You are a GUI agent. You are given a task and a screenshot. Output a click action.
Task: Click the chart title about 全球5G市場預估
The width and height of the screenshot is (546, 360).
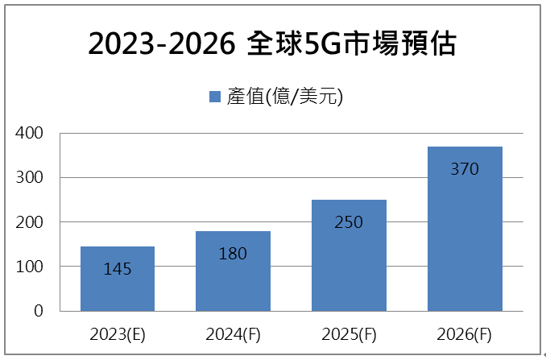(x=272, y=44)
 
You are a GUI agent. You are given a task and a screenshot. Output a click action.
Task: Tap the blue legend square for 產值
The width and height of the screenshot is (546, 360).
(x=215, y=97)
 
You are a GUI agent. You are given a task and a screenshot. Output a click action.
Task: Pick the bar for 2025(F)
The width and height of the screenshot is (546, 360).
(x=350, y=266)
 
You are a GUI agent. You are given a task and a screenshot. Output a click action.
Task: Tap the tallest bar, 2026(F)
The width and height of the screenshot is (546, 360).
(x=465, y=242)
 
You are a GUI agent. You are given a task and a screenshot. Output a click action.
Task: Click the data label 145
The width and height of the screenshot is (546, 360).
(x=118, y=268)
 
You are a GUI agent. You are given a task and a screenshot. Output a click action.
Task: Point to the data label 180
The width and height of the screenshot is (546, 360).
(x=233, y=253)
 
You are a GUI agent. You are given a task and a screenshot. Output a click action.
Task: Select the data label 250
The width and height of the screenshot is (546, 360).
(x=350, y=221)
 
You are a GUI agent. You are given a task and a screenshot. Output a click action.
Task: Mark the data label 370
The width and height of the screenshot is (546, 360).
(x=465, y=169)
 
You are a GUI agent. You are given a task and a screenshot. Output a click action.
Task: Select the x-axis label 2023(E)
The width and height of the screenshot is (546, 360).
(x=118, y=333)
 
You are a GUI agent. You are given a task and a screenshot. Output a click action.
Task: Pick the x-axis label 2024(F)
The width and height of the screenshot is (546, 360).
(x=233, y=333)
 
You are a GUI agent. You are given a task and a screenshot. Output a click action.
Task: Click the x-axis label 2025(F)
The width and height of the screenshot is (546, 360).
(x=350, y=333)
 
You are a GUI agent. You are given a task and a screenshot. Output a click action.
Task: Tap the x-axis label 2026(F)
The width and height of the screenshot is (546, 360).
(x=465, y=333)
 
